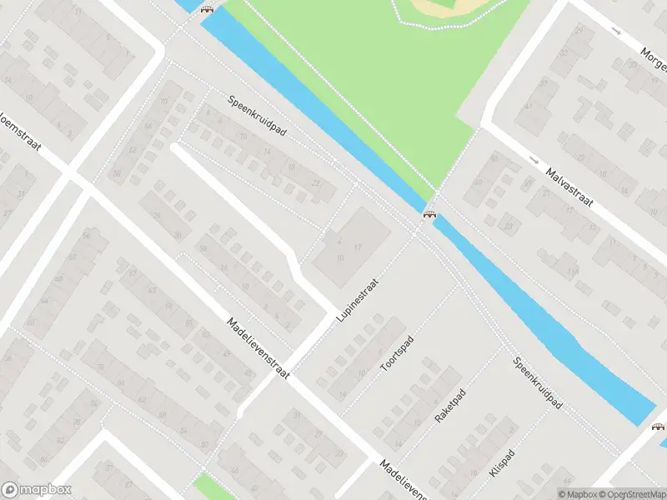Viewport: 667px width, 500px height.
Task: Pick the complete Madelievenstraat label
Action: [258, 347]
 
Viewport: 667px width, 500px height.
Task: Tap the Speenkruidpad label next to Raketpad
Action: [539, 382]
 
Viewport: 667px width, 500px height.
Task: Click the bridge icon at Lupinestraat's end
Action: [429, 215]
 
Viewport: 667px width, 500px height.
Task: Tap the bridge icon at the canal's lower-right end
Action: [659, 427]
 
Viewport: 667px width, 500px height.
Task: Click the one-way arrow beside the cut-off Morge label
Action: [616, 31]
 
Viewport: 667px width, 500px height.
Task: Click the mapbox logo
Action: [37, 490]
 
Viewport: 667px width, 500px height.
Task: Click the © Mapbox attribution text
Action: [579, 494]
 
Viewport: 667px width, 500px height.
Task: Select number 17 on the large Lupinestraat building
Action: [358, 247]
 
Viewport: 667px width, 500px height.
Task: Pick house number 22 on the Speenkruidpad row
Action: [315, 183]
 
